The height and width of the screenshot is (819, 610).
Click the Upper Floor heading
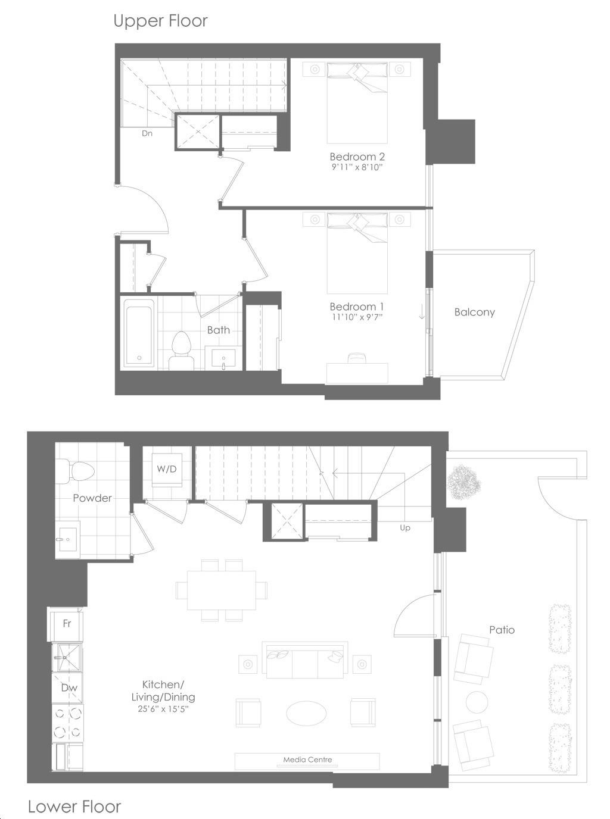(x=160, y=21)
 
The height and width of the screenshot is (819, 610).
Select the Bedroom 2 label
(x=357, y=157)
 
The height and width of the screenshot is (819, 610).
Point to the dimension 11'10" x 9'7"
(x=357, y=317)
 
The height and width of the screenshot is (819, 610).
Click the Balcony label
(x=475, y=312)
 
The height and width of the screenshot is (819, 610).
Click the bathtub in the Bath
(x=139, y=333)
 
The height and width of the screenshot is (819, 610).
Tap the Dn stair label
(x=147, y=133)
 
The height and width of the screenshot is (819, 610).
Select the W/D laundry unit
(x=167, y=470)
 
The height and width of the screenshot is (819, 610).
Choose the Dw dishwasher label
(x=70, y=687)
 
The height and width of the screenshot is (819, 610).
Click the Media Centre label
(x=307, y=759)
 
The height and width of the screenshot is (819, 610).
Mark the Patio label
(x=502, y=630)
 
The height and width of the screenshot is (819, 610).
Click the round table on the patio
(x=477, y=702)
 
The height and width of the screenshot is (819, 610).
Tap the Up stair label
(x=405, y=528)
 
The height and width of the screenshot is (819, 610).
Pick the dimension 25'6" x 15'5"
(x=163, y=709)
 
